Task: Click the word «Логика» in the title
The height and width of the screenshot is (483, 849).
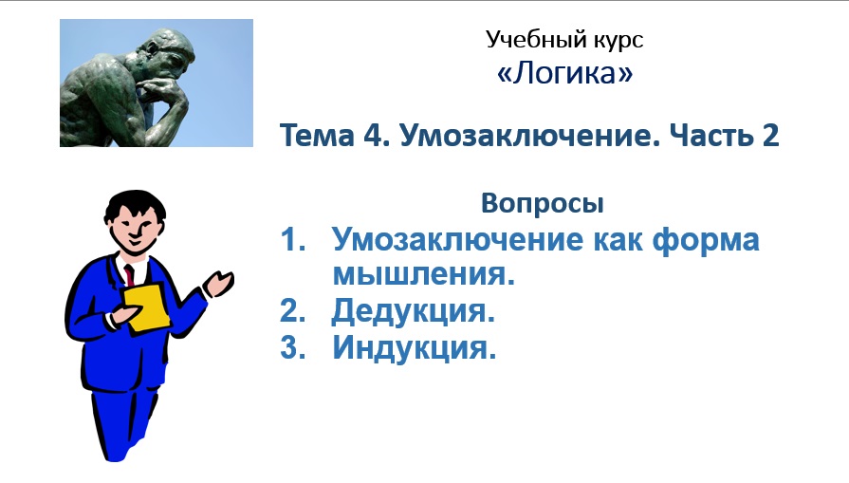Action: [564, 74]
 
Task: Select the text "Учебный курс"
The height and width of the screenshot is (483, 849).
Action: [564, 39]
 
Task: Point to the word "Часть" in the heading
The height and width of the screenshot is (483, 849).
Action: [702, 136]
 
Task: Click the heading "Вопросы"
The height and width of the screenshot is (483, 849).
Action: [542, 203]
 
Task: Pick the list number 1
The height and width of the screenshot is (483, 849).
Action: [290, 240]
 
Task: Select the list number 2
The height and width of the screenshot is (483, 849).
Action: [290, 311]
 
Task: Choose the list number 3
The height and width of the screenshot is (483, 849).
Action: [290, 347]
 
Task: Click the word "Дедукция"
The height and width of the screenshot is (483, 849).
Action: [414, 311]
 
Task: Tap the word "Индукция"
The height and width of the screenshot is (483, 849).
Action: [415, 347]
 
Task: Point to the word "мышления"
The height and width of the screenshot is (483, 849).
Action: [423, 275]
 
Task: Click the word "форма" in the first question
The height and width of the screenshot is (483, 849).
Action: [707, 240]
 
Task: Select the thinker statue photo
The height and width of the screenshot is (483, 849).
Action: [156, 83]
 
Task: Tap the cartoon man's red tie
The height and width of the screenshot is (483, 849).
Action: [129, 275]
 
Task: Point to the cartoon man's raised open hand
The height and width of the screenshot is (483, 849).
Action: [220, 282]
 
